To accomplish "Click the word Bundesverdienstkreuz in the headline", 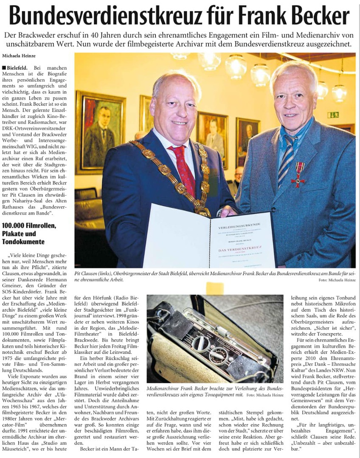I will coord(106,16).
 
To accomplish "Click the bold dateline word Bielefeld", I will coord(16,68).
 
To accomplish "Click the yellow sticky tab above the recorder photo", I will coord(214,288).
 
